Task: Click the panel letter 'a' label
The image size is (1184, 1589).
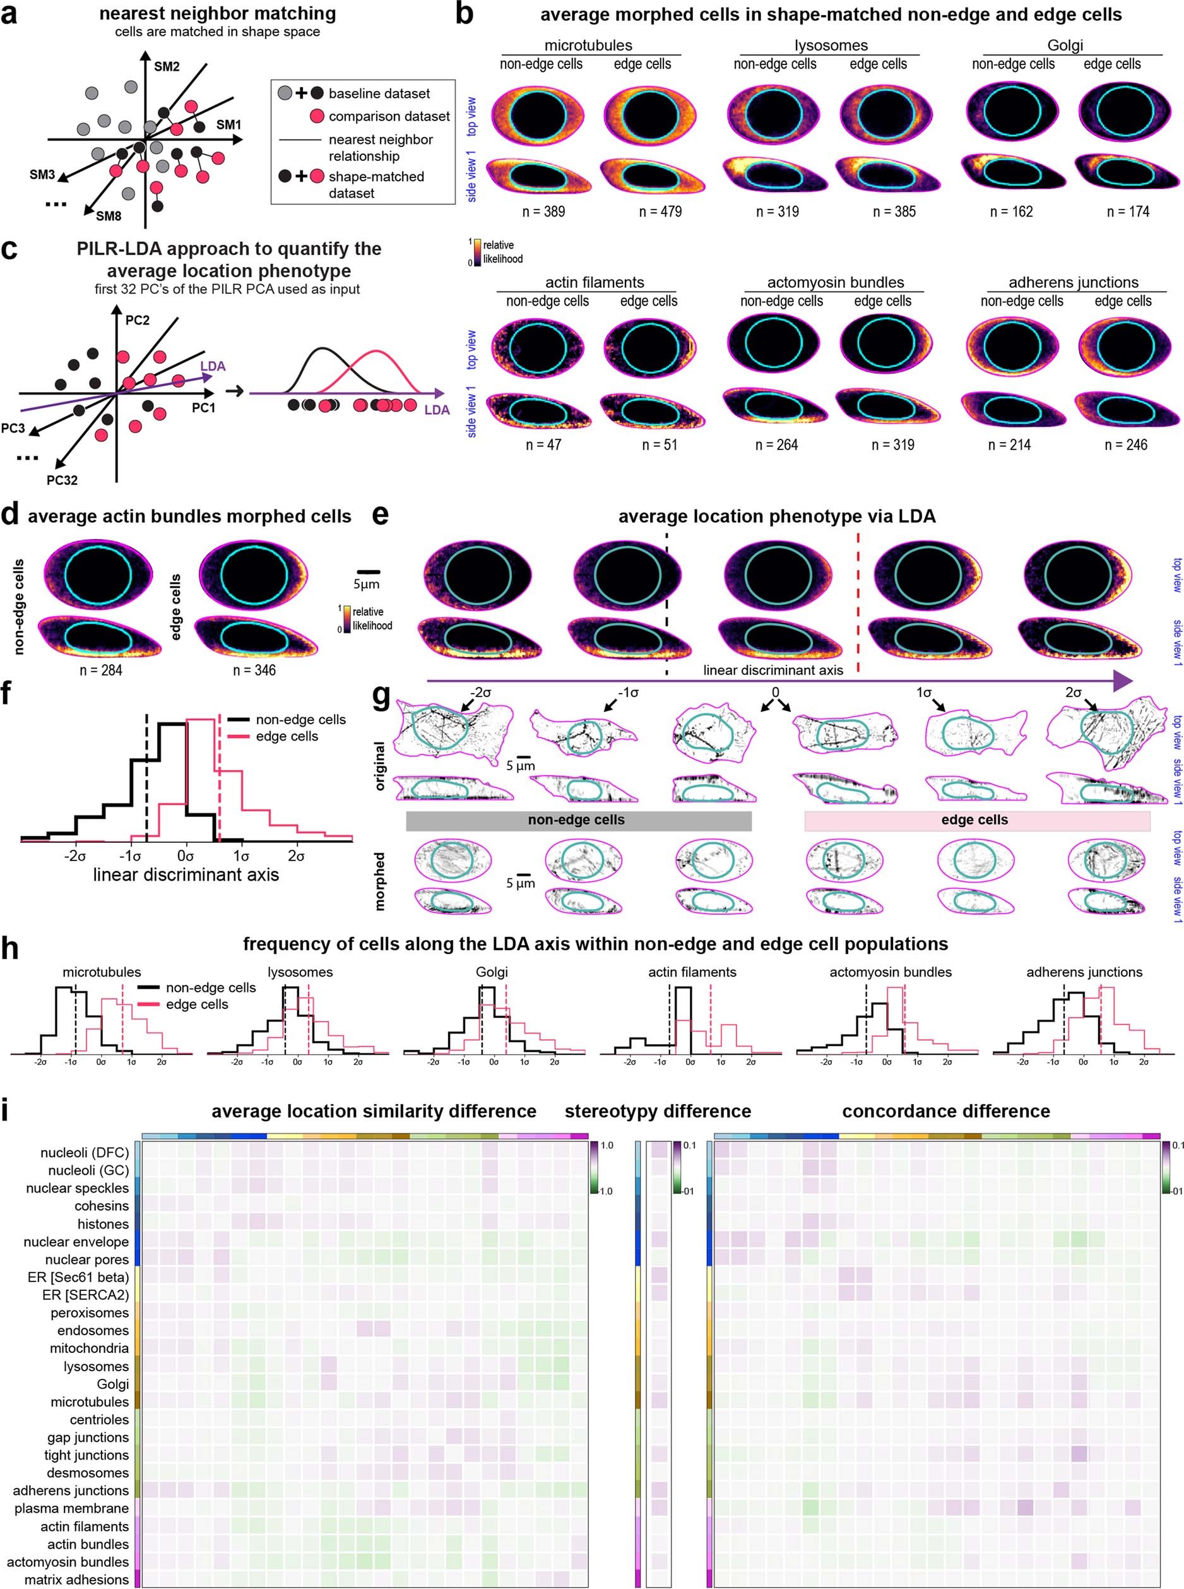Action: (10, 15)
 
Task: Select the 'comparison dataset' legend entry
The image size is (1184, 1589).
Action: (388, 116)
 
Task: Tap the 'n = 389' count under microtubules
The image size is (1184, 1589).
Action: (544, 211)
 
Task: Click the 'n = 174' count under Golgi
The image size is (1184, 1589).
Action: (1128, 211)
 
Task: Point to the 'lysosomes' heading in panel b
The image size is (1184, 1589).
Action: (831, 46)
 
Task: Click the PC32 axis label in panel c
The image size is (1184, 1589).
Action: (62, 480)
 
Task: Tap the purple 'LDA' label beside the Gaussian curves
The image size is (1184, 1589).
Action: (437, 410)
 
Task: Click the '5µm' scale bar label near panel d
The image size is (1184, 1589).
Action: (366, 584)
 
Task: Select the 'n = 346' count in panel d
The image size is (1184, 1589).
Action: (254, 670)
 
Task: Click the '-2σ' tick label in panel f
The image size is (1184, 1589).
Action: (74, 836)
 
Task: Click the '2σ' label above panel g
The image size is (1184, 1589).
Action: (1073, 693)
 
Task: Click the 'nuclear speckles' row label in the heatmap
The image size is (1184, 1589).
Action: (78, 1188)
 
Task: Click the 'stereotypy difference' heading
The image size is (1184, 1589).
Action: (657, 1111)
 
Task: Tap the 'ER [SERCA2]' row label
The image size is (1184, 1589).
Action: (85, 1294)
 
